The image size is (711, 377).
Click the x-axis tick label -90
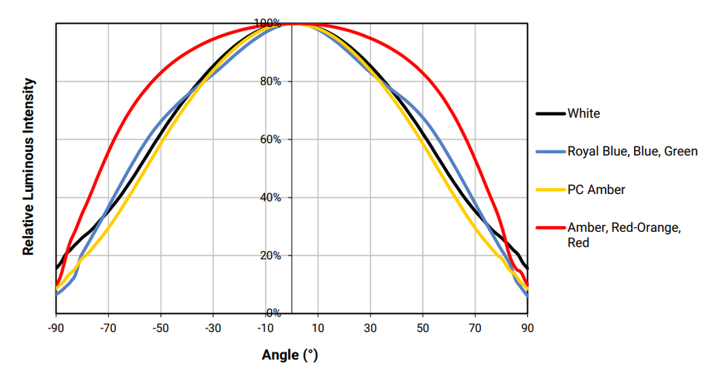point(56,327)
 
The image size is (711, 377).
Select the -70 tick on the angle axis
point(108,327)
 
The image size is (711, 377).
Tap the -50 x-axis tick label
point(161,327)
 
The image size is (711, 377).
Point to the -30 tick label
point(213,327)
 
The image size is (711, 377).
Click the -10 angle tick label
point(265,327)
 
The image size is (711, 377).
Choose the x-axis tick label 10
point(318,327)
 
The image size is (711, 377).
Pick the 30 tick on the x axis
point(370,327)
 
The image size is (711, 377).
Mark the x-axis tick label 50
point(423,327)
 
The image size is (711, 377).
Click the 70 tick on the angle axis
point(475,327)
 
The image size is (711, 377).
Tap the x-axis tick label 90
point(527,327)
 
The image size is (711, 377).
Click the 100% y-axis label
point(268,23)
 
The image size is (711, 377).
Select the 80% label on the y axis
point(270,81)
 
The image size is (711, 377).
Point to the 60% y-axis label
point(270,139)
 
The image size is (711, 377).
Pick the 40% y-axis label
point(270,198)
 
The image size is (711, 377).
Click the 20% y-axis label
point(270,256)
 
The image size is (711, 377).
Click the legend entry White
point(584,113)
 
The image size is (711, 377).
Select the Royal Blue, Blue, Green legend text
point(632,151)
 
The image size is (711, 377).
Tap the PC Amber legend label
point(596,190)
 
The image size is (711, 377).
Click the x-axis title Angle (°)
point(290,355)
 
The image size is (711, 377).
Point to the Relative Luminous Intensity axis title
point(29,167)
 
